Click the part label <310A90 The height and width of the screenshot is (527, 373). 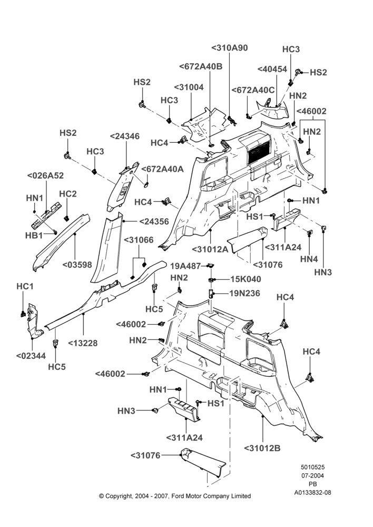[x=230, y=48]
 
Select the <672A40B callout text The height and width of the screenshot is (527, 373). [x=201, y=66]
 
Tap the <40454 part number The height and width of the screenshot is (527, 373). [x=272, y=69]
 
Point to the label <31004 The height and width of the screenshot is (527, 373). [x=189, y=87]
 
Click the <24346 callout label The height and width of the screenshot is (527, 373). [x=125, y=136]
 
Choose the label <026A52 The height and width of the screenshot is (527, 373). [x=45, y=176]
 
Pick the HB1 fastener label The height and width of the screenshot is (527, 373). [x=34, y=236]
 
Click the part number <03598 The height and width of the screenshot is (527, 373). [x=77, y=265]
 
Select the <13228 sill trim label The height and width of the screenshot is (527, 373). [x=83, y=343]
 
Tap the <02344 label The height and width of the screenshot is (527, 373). [x=31, y=356]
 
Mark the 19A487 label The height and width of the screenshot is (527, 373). [x=185, y=266]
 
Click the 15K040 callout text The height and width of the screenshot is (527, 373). [x=246, y=279]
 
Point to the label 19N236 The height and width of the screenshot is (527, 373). [x=244, y=294]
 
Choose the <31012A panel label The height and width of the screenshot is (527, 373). [x=210, y=249]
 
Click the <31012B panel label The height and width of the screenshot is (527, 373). [x=262, y=448]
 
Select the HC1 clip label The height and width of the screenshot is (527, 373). [x=25, y=287]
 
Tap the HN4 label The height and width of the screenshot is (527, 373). [x=309, y=259]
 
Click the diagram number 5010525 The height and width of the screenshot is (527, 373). [x=312, y=467]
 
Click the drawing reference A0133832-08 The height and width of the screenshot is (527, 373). [x=312, y=493]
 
